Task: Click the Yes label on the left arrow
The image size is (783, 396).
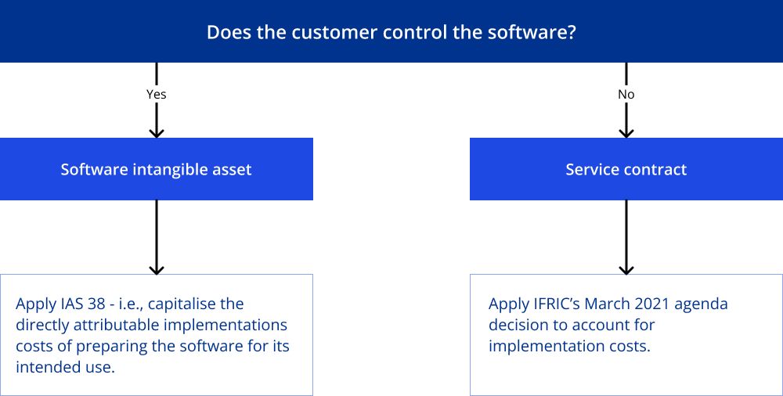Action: pyautogui.click(x=157, y=95)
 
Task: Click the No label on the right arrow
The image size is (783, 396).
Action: pyautogui.click(x=626, y=95)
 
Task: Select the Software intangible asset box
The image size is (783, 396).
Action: pyautogui.click(x=157, y=169)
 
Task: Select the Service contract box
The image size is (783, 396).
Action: pyautogui.click(x=626, y=169)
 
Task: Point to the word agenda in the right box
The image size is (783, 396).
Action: pyautogui.click(x=700, y=305)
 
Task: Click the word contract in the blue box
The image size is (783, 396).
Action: pyautogui.click(x=657, y=169)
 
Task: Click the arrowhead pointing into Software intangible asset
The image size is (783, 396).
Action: pyautogui.click(x=157, y=133)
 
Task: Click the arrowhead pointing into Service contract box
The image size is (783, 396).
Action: pyautogui.click(x=626, y=133)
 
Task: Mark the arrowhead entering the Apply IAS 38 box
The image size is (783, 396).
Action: pyautogui.click(x=157, y=270)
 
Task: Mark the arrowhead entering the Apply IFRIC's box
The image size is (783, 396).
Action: pyautogui.click(x=626, y=270)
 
